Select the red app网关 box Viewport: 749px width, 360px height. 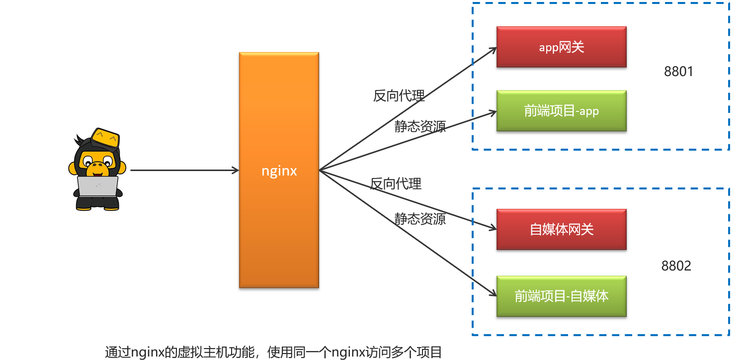(x=561, y=47)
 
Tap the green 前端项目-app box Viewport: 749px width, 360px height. (x=561, y=111)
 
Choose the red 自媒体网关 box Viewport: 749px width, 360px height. (x=561, y=229)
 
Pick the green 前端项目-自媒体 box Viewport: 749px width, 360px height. (x=561, y=296)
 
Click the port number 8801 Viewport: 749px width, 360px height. (x=678, y=72)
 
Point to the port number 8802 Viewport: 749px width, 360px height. (x=676, y=266)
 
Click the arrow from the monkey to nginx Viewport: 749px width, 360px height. (x=184, y=171)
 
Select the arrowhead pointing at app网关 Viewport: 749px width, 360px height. (x=493, y=49)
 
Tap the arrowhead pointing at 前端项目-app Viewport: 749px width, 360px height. (x=493, y=112)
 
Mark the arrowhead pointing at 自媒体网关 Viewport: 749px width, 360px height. (x=493, y=228)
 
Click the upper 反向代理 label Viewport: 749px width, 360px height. (x=399, y=95)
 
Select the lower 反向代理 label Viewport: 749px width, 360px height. (x=396, y=184)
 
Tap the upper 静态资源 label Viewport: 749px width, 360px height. (x=420, y=126)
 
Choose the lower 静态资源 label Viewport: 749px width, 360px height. (x=420, y=219)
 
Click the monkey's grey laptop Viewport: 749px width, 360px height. (x=98, y=186)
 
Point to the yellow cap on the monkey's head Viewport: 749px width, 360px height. (x=105, y=136)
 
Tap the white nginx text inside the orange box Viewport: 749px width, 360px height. (x=279, y=171)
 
